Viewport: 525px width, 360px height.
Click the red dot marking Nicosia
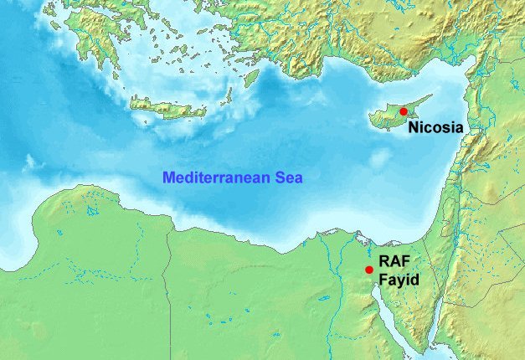[x=403, y=111]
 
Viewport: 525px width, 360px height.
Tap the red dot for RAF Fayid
[x=369, y=270]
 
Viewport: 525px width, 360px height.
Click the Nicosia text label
[x=435, y=129]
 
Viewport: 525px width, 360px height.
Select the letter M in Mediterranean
[x=167, y=177]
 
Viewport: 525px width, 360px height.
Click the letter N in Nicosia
[x=413, y=129]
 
